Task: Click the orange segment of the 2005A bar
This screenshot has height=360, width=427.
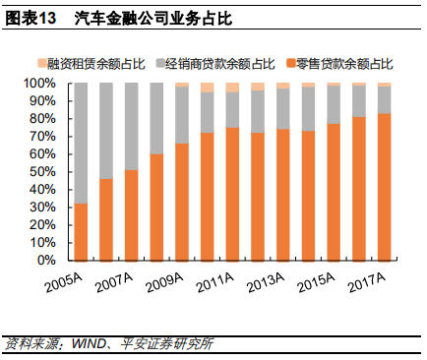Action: tap(81, 232)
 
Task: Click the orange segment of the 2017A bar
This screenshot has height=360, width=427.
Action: tap(384, 187)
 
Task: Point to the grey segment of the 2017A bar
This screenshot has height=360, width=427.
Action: tap(384, 99)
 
